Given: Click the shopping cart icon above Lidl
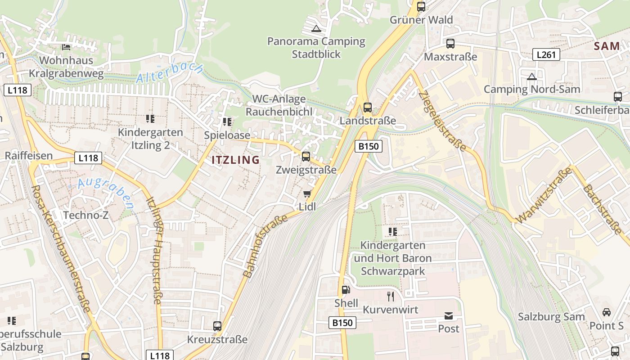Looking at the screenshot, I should [307, 194].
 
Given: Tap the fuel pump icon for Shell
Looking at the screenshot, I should [346, 290].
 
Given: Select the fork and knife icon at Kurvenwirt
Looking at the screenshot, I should [391, 296].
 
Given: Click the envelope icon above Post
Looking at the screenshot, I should [449, 315].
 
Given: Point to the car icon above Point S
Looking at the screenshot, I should [607, 312].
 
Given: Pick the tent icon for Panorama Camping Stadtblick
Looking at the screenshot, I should [316, 28].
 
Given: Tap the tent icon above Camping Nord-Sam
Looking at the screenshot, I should [532, 76].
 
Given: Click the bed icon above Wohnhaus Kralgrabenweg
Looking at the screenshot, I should [66, 47].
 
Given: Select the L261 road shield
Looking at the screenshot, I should [547, 55].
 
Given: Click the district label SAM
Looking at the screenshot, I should [607, 46].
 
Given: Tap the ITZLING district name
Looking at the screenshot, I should [235, 160].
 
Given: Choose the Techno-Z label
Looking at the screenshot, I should [85, 215].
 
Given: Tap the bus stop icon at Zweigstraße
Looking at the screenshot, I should [306, 157].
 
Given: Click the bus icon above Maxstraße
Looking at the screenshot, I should [450, 44].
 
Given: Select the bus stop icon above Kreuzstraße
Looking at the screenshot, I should [217, 326].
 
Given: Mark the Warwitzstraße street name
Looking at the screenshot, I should [544, 195].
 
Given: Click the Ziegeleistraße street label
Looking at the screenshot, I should [442, 121].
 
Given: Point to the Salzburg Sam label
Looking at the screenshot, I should [551, 316].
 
